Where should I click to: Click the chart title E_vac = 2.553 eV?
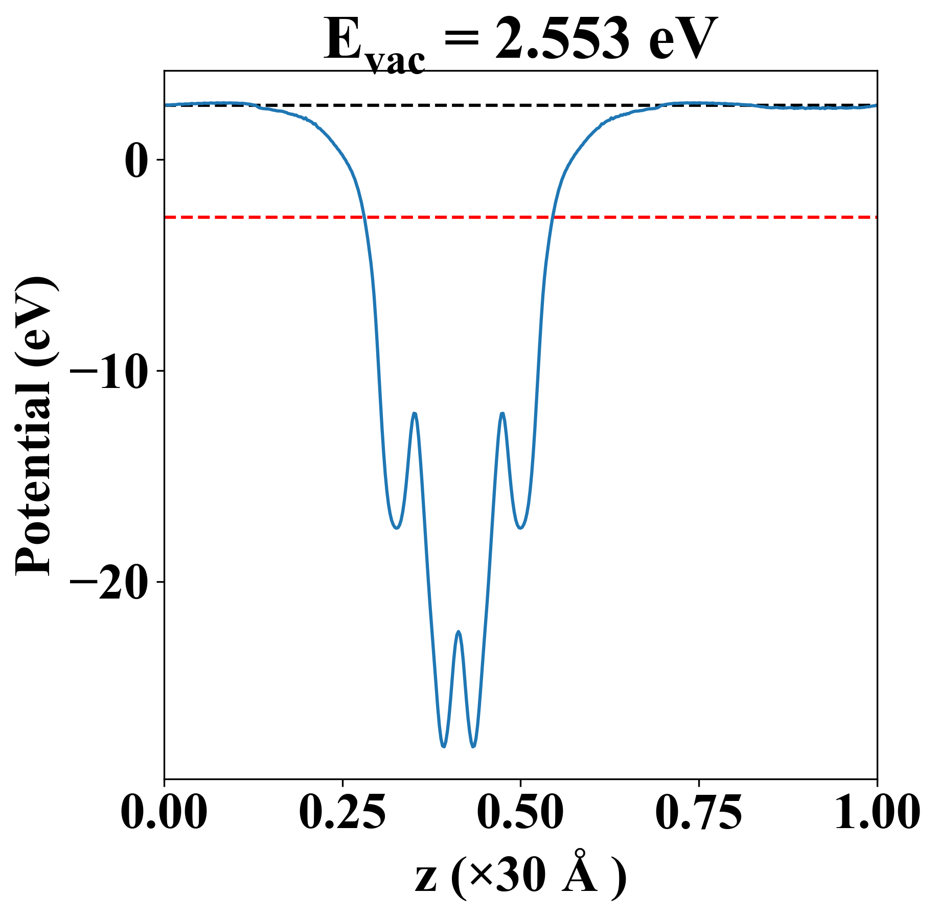[520, 41]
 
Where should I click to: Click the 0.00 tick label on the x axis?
[164, 813]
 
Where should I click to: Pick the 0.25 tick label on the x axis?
[342, 813]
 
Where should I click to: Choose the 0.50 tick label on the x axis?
[520, 813]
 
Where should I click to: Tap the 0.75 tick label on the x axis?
[698, 813]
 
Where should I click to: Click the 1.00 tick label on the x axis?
[877, 813]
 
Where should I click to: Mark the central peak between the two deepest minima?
[459, 632]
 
